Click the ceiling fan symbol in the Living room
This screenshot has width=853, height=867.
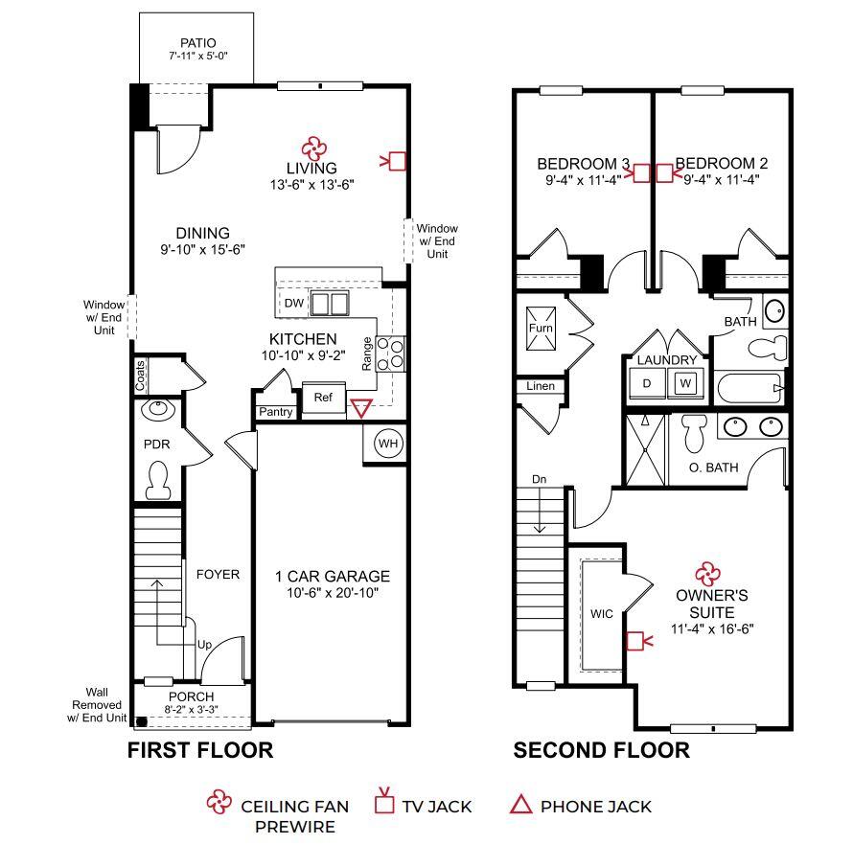pos(312,148)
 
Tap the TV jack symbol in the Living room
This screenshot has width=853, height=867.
pos(398,161)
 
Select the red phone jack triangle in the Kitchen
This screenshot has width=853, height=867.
pos(360,409)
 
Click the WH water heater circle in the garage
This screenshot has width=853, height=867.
pos(387,444)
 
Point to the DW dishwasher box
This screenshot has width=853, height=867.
pos(294,304)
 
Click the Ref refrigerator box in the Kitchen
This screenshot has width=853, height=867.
pos(323,398)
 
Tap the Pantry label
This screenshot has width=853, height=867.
pos(275,412)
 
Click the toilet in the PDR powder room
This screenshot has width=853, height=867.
pos(158,480)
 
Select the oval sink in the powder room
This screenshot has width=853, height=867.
pos(157,411)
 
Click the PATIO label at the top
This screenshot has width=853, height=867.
pos(197,43)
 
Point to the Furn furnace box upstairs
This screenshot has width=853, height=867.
pos(541,328)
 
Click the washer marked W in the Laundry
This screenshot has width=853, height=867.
pos(685,383)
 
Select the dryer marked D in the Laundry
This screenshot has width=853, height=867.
pos(647,383)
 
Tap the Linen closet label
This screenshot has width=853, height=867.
pos(540,386)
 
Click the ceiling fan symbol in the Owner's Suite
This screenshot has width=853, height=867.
pos(707,573)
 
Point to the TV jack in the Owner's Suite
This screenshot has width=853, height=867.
pos(634,640)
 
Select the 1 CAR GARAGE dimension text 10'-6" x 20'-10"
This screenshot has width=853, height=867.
pos(333,593)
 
